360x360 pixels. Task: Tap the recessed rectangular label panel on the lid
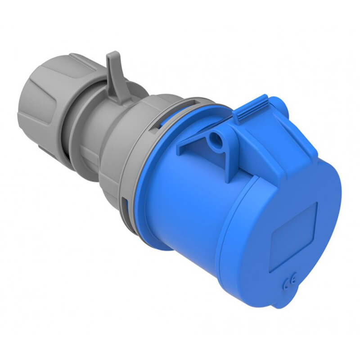pyautogui.click(x=293, y=237)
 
